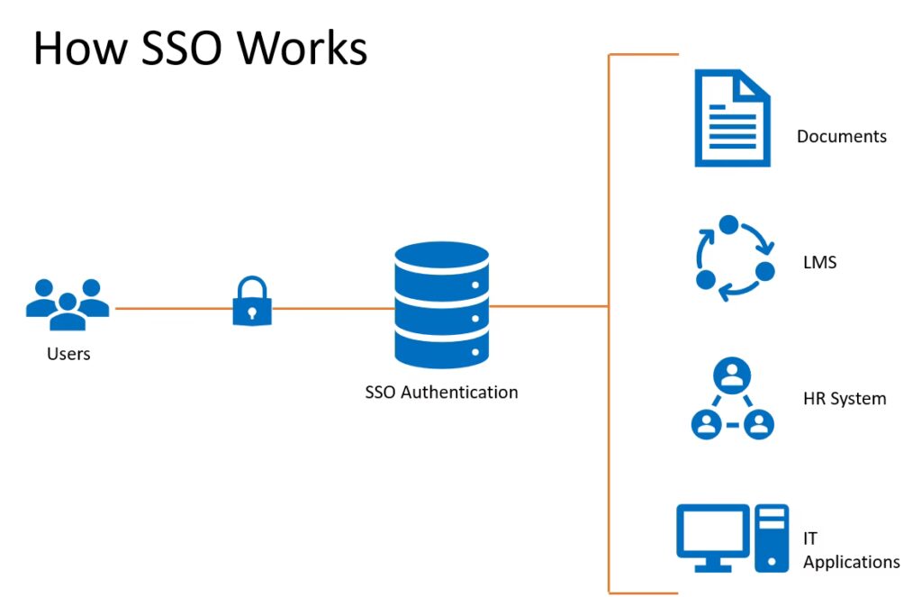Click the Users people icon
click(x=68, y=304)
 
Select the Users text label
click(x=68, y=354)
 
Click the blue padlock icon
click(x=252, y=301)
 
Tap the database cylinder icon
click(x=441, y=303)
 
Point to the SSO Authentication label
click(x=441, y=393)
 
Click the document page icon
click(x=732, y=118)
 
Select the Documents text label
click(x=842, y=137)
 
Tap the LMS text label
click(x=819, y=264)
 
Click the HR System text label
click(x=845, y=398)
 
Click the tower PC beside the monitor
click(x=773, y=538)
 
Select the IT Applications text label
click(x=851, y=550)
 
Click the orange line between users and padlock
click(x=171, y=309)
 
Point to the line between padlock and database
click(x=333, y=309)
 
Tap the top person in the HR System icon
click(x=733, y=375)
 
